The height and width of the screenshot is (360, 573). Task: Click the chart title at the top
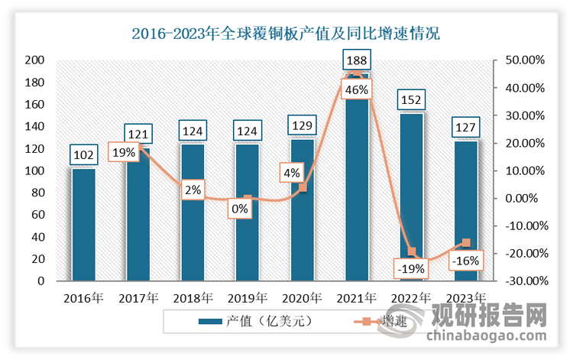click(x=286, y=34)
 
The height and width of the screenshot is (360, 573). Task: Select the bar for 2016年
click(x=83, y=225)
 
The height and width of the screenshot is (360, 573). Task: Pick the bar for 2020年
click(x=302, y=210)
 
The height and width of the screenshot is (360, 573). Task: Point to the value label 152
click(x=411, y=99)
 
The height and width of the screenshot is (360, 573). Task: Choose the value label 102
click(x=83, y=155)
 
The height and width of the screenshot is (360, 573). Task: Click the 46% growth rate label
click(x=357, y=89)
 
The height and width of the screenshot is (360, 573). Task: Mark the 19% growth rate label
click(x=124, y=152)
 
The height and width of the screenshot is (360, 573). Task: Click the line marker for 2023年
click(x=465, y=242)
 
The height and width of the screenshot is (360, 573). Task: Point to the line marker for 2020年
click(x=303, y=187)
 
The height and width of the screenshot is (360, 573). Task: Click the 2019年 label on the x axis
click(x=248, y=298)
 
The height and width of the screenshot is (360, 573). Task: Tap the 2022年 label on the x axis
click(x=411, y=298)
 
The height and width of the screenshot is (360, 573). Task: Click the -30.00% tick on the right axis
click(x=524, y=281)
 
